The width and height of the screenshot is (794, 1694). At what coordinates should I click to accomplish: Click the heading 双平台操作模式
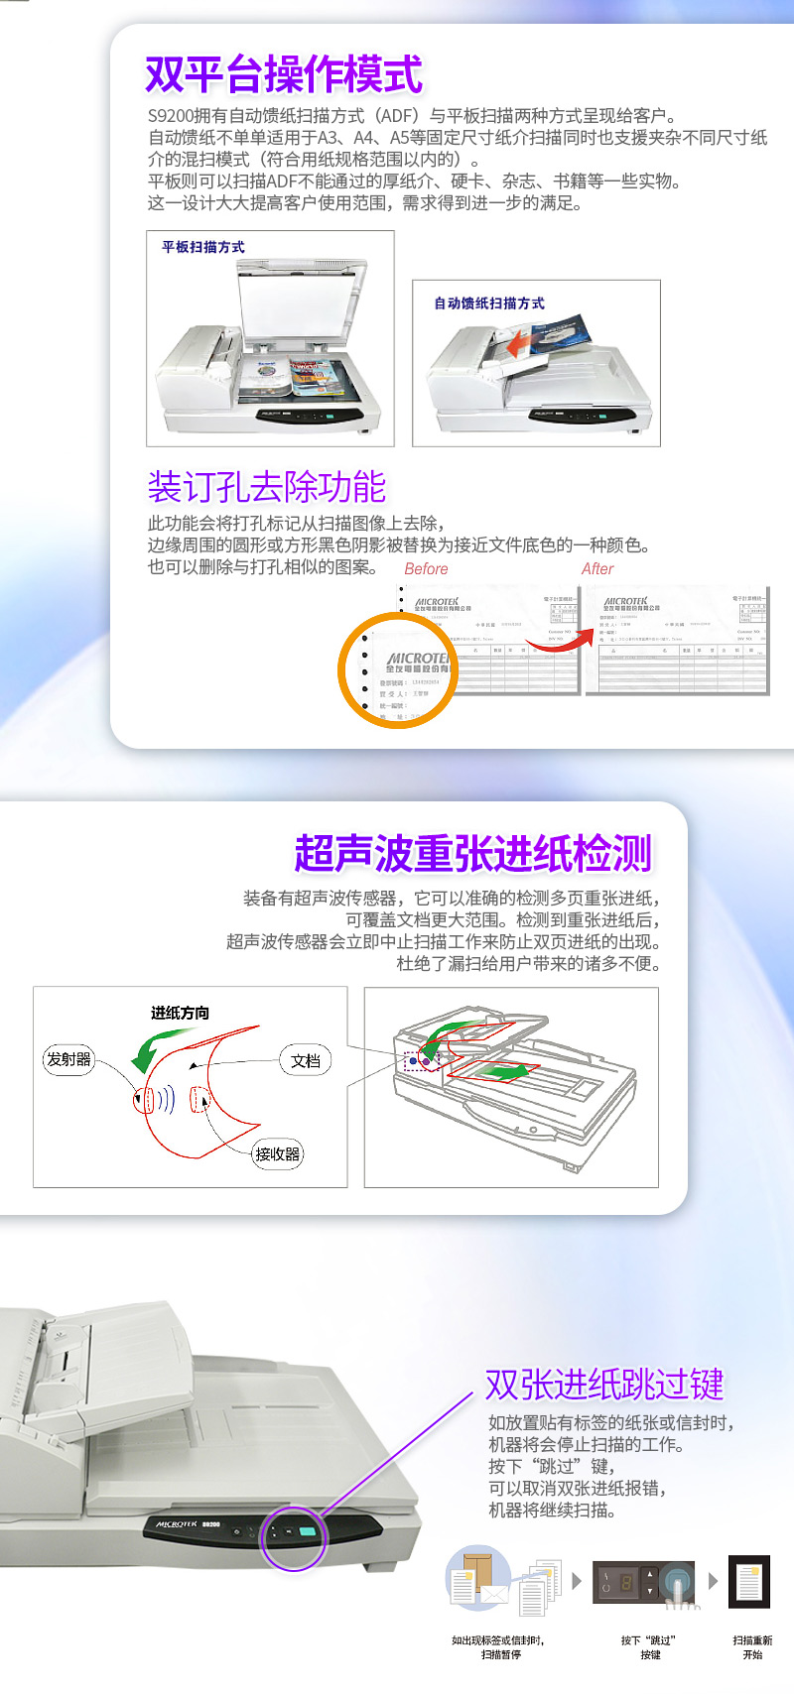[284, 74]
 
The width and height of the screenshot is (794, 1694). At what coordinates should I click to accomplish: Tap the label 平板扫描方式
[203, 247]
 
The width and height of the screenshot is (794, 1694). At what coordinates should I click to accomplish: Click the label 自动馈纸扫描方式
[489, 303]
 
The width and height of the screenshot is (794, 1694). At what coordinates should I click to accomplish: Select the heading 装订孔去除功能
[266, 487]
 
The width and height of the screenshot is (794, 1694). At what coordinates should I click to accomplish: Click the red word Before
[426, 569]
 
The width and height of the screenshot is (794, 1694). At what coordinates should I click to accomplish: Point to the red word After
[597, 569]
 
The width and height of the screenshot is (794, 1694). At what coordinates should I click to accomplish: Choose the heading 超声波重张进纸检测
[473, 853]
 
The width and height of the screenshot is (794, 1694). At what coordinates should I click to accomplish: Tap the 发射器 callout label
[69, 1059]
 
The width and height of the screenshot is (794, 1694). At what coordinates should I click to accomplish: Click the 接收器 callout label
[278, 1153]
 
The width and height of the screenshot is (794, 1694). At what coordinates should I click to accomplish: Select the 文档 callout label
[306, 1060]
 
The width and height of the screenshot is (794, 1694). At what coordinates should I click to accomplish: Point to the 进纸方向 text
[180, 1013]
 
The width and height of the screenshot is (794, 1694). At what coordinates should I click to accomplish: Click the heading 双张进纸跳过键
[604, 1385]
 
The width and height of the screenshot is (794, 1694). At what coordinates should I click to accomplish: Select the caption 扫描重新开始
[752, 1647]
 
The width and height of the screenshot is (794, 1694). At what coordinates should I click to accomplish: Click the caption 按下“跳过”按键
[650, 1647]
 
